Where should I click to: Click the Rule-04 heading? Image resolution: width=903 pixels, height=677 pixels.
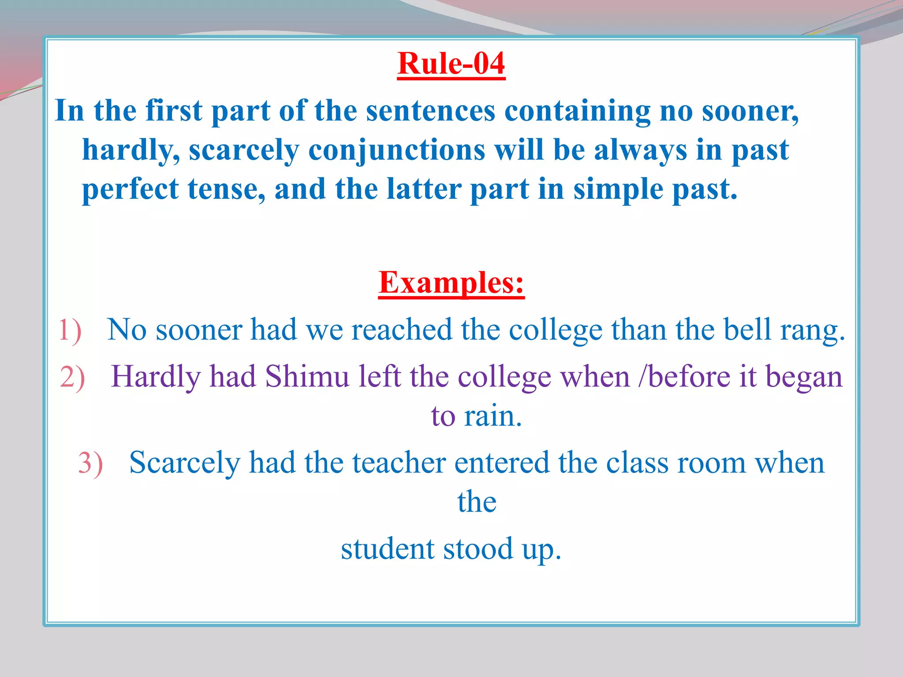(451, 64)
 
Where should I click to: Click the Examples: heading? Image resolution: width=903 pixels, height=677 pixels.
(451, 283)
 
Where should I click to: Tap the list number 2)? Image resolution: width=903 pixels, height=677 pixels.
(72, 378)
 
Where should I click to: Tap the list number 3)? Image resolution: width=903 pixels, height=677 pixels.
(90, 463)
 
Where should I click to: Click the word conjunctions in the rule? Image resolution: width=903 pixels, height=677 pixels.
(396, 150)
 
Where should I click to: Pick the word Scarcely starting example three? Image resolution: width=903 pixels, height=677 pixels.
(185, 464)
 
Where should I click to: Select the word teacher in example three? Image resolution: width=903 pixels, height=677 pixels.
(399, 463)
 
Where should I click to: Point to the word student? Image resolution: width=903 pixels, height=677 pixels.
(388, 549)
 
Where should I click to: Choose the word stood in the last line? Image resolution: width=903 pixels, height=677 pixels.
(478, 549)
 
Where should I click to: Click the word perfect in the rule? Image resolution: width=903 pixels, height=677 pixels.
(130, 190)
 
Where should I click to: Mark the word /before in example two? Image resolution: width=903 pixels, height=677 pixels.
(685, 377)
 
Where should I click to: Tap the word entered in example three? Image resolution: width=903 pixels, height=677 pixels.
(502, 463)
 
